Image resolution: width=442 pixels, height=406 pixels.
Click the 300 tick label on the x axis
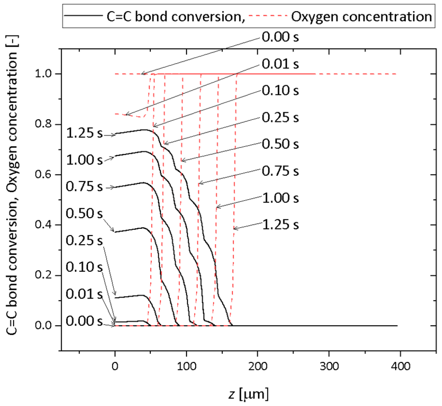click(x=329, y=366)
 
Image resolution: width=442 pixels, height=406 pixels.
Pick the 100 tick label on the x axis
click(x=186, y=366)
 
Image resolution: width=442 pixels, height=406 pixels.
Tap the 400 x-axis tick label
click(x=400, y=366)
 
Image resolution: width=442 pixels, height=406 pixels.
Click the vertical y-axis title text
click(x=12, y=185)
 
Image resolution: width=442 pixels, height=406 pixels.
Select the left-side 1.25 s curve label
click(x=84, y=133)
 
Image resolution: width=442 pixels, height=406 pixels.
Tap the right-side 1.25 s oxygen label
click(x=280, y=225)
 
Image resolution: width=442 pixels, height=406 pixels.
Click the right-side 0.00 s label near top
click(x=280, y=37)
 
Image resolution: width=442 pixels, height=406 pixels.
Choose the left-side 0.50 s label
click(x=84, y=213)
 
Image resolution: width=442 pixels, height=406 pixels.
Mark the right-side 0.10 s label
click(x=280, y=90)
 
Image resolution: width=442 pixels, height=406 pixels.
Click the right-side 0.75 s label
click(x=280, y=171)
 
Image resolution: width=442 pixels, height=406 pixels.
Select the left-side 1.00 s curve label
click(x=84, y=160)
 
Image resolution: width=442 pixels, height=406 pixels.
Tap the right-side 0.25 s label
click(x=280, y=117)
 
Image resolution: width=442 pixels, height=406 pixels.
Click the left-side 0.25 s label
click(x=84, y=240)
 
